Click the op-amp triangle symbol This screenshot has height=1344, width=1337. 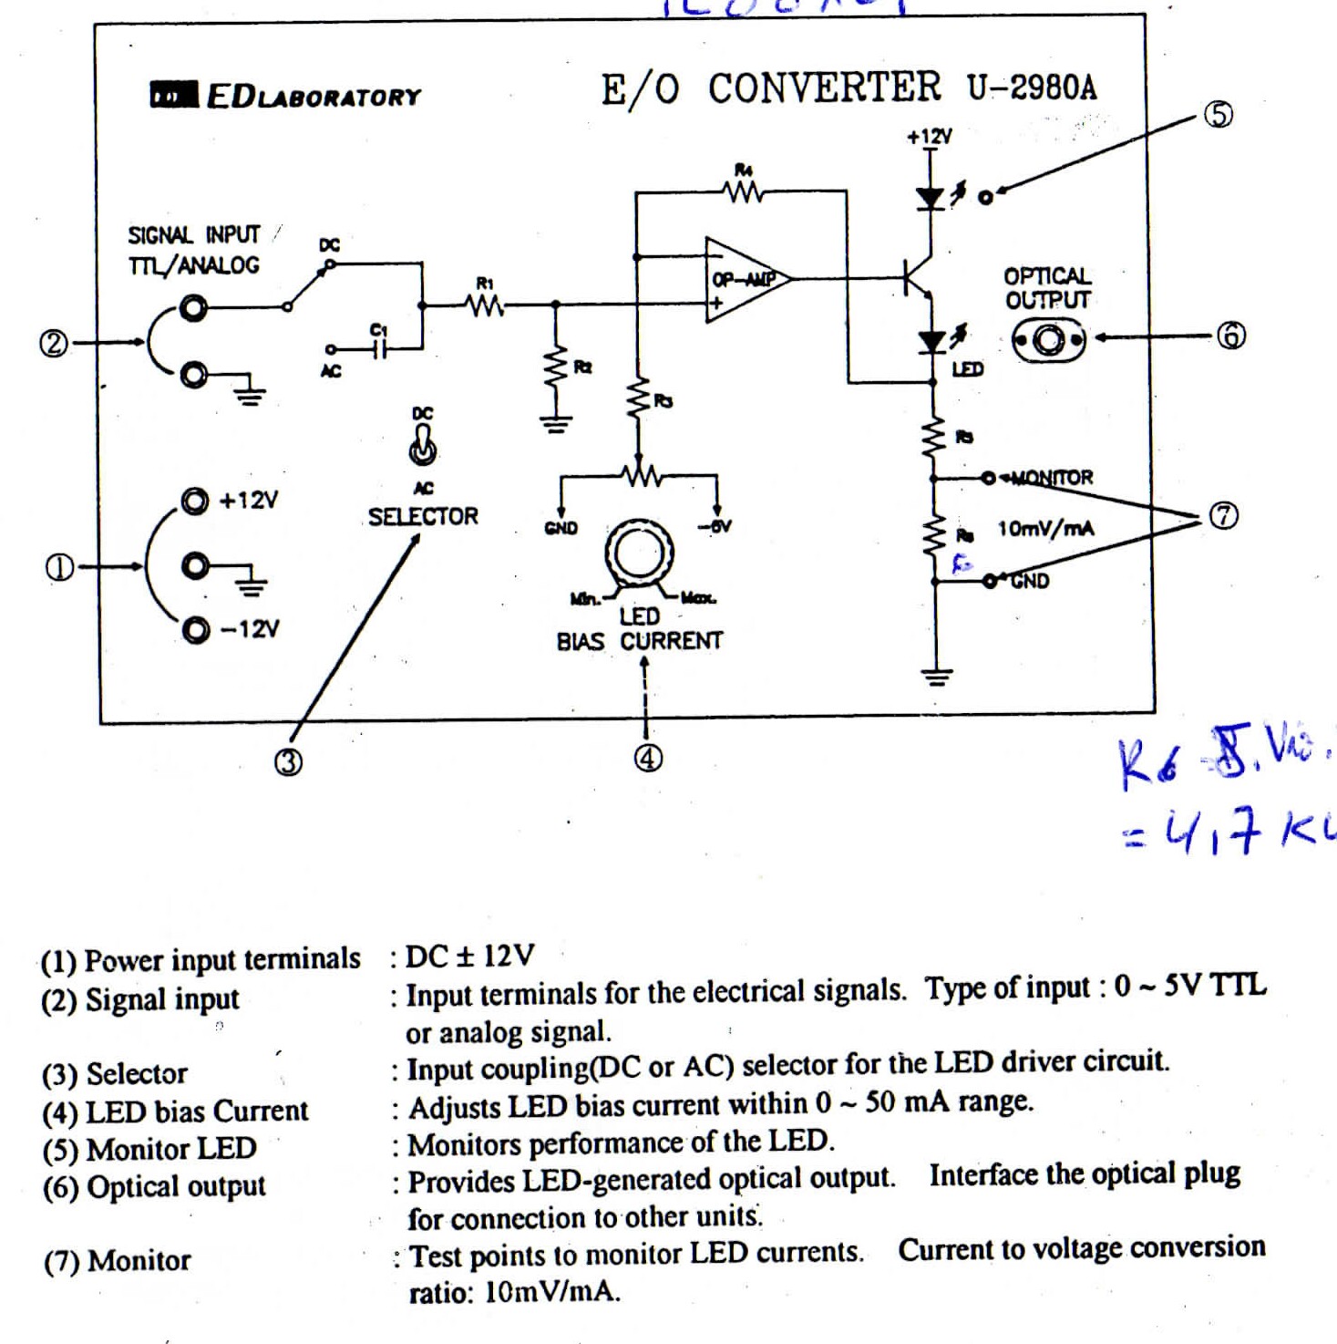pyautogui.click(x=744, y=280)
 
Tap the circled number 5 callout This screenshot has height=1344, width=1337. pyautogui.click(x=1219, y=115)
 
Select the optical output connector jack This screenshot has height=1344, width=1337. pyautogui.click(x=1048, y=341)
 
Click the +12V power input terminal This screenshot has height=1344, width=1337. pyautogui.click(x=194, y=501)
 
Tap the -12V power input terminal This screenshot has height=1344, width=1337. pyautogui.click(x=194, y=628)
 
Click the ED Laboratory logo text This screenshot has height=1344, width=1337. pyautogui.click(x=286, y=96)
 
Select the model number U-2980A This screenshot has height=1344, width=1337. pyautogui.click(x=1032, y=87)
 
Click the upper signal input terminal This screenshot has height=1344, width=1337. pyautogui.click(x=192, y=309)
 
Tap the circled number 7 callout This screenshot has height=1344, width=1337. pyautogui.click(x=1223, y=516)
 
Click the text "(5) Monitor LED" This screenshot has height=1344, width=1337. pyautogui.click(x=149, y=1149)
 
